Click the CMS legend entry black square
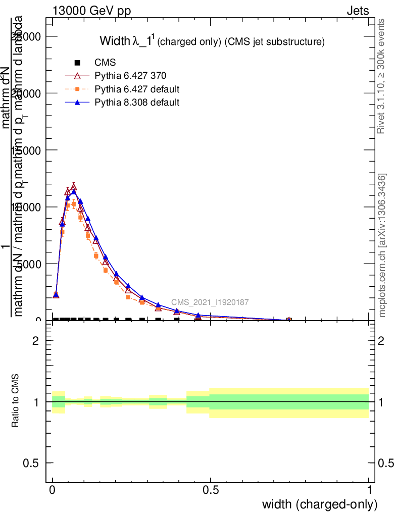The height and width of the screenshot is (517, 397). (x=77, y=63)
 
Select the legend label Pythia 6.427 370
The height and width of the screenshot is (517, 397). (x=130, y=76)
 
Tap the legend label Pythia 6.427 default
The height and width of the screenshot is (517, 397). (x=137, y=89)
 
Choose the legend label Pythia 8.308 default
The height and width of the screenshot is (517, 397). (x=137, y=102)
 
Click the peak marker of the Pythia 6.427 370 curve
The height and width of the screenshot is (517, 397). (x=73, y=187)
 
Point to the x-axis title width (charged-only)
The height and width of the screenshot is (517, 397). (x=319, y=504)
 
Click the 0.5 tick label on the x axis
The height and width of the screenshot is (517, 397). (x=211, y=489)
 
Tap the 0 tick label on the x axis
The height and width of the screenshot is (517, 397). (x=53, y=489)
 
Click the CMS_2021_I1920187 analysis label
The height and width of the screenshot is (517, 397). (x=210, y=302)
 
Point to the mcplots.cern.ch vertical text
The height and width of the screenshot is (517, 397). (x=382, y=245)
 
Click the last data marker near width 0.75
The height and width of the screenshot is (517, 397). (x=289, y=320)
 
